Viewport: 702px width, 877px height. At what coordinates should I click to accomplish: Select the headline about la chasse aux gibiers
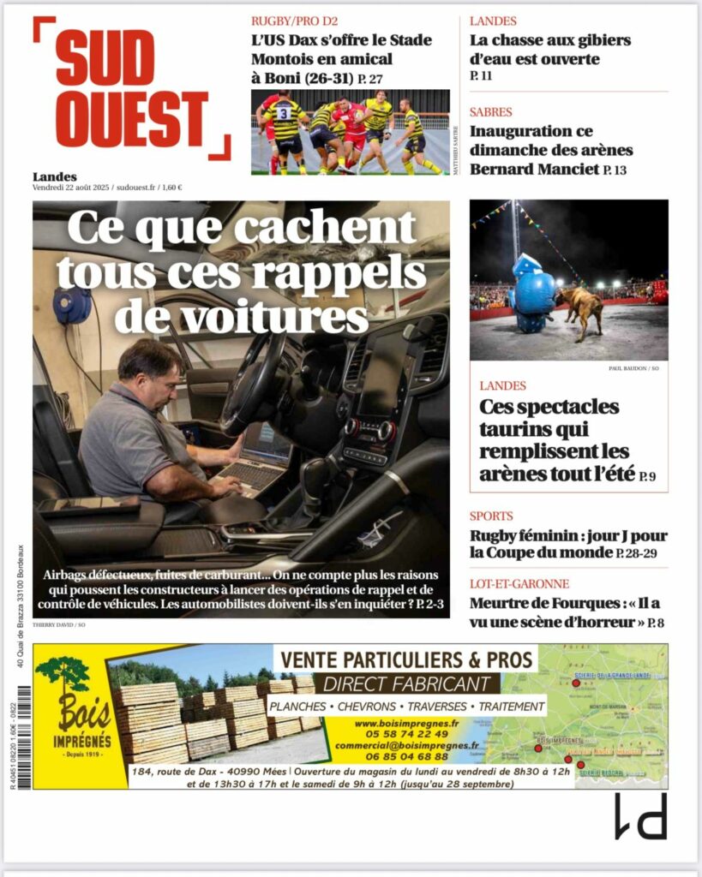550,50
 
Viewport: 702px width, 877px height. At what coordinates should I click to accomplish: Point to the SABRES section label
491,112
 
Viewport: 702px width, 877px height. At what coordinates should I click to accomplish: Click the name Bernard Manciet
534,169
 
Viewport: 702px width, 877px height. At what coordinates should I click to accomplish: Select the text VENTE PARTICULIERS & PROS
405,659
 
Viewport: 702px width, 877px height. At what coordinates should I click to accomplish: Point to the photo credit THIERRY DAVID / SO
58,624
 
